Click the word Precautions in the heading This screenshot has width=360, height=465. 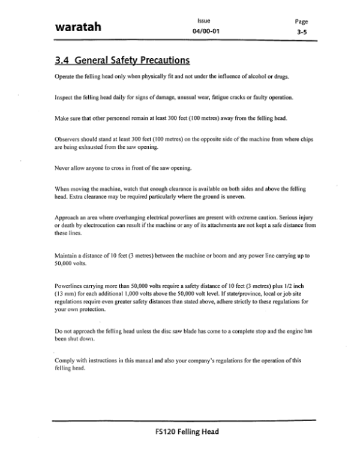coord(161,60)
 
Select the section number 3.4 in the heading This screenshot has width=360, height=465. coord(62,60)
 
